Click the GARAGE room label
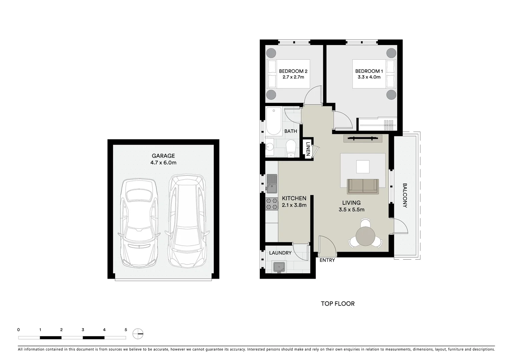(x=163, y=156)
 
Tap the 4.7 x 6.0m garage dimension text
(x=163, y=163)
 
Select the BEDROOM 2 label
(x=293, y=71)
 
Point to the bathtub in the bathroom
(x=274, y=121)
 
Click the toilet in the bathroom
(x=291, y=147)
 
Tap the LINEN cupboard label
(x=308, y=149)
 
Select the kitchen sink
(x=272, y=183)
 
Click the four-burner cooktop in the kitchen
(x=272, y=204)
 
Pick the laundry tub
(x=279, y=267)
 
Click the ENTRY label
(x=327, y=260)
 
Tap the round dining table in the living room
(x=366, y=236)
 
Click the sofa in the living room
(x=363, y=186)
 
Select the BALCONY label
(x=405, y=195)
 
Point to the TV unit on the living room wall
(x=363, y=138)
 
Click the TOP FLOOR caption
(x=338, y=304)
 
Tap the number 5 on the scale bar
(x=126, y=330)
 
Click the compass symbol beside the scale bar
(x=138, y=333)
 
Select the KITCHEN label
(x=294, y=198)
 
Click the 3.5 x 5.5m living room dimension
(x=351, y=210)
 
